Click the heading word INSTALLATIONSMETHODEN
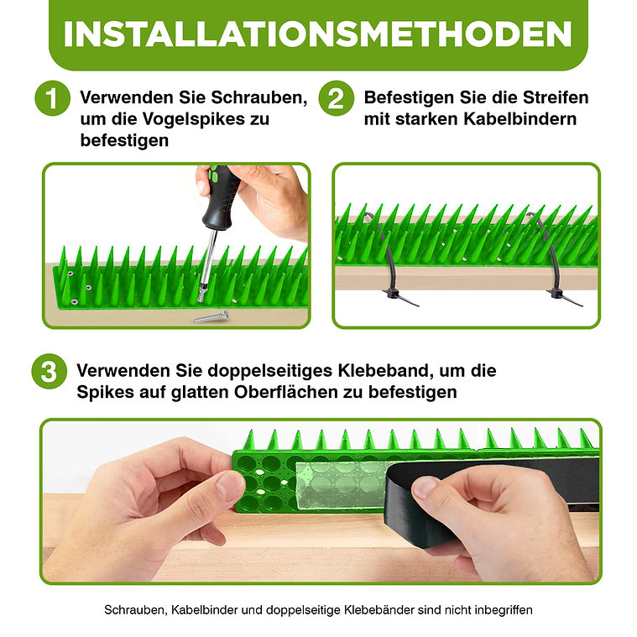[x=318, y=34]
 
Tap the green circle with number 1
[x=52, y=98]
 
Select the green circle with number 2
[x=336, y=98]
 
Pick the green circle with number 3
[x=50, y=371]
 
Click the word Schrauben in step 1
[x=259, y=97]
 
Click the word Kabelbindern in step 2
[x=520, y=118]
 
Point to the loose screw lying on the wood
[x=211, y=316]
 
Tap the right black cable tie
[x=556, y=264]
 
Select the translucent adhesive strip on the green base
[x=341, y=484]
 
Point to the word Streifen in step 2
[x=556, y=97]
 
